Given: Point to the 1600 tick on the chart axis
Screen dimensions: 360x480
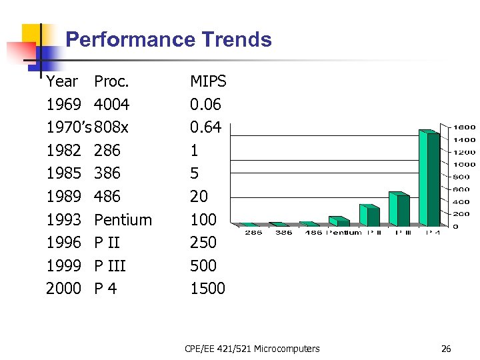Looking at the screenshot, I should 465,127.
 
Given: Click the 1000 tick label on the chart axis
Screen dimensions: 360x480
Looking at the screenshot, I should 465,164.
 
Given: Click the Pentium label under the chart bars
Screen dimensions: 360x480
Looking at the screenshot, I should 344,233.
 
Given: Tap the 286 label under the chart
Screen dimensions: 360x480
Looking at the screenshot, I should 253,233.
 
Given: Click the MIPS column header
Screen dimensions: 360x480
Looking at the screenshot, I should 208,82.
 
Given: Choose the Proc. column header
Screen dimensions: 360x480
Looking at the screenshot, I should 111,82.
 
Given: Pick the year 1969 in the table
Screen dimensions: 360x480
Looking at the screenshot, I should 63,105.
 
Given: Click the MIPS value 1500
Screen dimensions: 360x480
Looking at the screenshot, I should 207,289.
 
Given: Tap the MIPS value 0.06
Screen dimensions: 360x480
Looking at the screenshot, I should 205,105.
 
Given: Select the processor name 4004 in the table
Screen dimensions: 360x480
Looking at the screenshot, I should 111,105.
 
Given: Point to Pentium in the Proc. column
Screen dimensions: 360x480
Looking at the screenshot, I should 123,220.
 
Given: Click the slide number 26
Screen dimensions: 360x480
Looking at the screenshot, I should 446,348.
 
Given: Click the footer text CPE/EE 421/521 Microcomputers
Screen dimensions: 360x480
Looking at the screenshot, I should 252,348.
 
